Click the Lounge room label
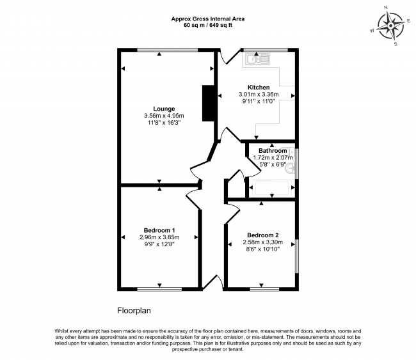[164, 109]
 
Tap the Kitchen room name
[259, 87]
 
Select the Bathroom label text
[273, 150]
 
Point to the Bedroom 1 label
[159, 230]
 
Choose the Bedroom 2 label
[263, 235]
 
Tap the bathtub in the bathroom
[271, 189]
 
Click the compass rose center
[390, 26]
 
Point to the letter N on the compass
[386, 15]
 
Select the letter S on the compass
[396, 44]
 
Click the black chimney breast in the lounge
[208, 104]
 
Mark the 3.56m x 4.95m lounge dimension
[164, 116]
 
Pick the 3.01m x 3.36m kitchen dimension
[259, 94]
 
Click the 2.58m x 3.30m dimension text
[263, 242]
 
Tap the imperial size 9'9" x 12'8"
[159, 244]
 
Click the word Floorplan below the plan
[134, 310]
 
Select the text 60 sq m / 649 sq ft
[208, 26]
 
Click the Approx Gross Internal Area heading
[208, 19]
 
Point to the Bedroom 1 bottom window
[159, 289]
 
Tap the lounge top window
[168, 50]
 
